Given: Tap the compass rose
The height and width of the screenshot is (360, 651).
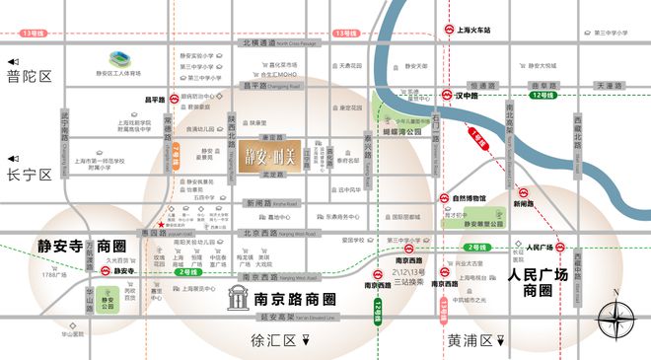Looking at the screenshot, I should click(x=616, y=316).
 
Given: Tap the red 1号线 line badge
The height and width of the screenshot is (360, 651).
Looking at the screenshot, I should click(x=477, y=140).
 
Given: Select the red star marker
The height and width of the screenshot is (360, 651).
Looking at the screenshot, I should click(x=176, y=224).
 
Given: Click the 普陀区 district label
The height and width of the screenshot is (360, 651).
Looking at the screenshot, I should click(x=30, y=75).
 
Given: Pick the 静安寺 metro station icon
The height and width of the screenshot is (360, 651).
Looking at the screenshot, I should click(x=96, y=269).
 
